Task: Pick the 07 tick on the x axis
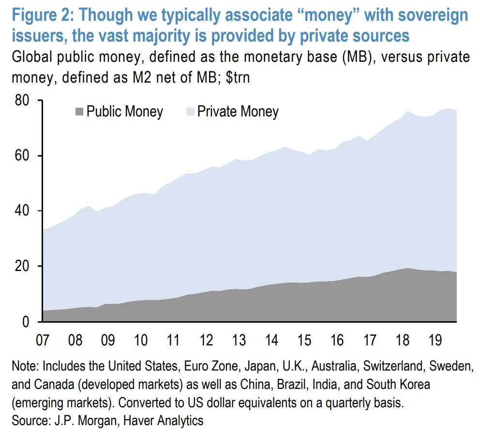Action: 43,340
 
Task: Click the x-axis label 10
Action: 141,340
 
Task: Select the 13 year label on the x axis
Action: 239,340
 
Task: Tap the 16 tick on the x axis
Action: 337,340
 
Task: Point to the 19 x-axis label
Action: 435,340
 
